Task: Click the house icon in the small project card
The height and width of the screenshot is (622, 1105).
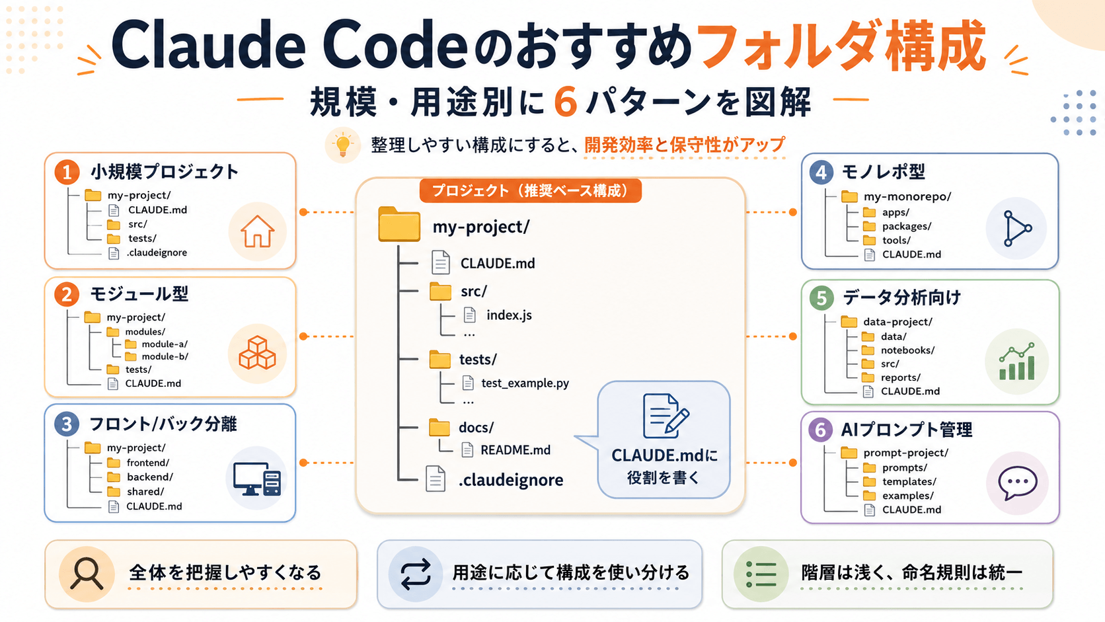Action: coord(257,231)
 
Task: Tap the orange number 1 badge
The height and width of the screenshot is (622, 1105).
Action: coord(67,172)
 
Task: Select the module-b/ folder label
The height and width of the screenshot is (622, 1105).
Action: coord(165,356)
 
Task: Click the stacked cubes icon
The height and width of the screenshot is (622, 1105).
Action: coord(257,353)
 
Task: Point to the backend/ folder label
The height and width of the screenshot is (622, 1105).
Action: coord(150,477)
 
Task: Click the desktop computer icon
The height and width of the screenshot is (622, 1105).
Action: coord(257,479)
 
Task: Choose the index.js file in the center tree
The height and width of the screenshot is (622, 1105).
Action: coord(509,315)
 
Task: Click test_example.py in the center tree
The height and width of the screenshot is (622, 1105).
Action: coord(525,383)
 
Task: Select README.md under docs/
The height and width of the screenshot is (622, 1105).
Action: coord(515,450)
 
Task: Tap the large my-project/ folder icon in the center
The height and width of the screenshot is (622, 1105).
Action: coord(399,225)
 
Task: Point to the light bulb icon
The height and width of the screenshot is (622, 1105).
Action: coord(343,145)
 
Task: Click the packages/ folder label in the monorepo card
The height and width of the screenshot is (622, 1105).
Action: coord(907,226)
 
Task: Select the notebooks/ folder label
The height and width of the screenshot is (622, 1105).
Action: coord(907,350)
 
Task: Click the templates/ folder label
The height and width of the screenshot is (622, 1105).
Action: coord(909,481)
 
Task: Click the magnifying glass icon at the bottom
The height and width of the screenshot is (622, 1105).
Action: coord(87,573)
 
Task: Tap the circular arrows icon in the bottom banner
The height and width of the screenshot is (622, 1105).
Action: coord(415,574)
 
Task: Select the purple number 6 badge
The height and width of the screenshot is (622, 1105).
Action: coord(820,430)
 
